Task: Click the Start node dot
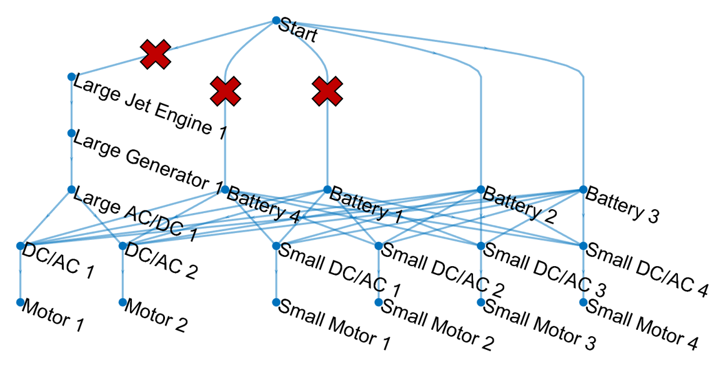coord(276,21)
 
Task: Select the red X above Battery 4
coord(226,92)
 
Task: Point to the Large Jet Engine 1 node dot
coord(71,76)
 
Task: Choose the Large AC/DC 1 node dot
coord(71,189)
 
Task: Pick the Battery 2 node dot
coord(480,189)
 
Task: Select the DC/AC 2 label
coord(162,261)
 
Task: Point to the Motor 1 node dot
coord(20,302)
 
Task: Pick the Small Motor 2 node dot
coord(378,302)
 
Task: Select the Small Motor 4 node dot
coord(583,302)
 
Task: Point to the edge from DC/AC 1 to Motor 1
coord(20,275)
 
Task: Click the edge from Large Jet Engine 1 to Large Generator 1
coord(71,105)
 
